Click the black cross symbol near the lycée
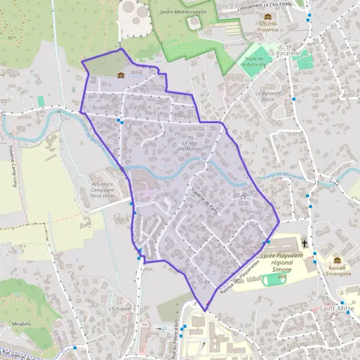[305, 244]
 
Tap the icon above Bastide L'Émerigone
[337, 261]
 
